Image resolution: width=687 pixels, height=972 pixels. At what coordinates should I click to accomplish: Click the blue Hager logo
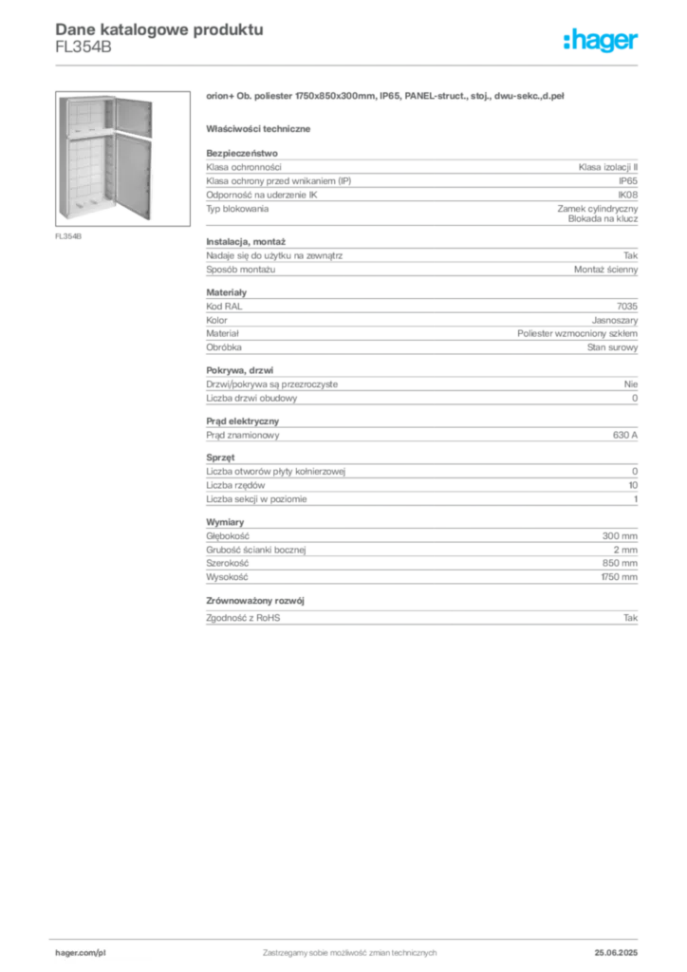click(x=602, y=41)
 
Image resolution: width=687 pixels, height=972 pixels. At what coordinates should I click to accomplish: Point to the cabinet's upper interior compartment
click(x=86, y=114)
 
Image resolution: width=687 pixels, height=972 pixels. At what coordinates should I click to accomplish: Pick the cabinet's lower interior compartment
click(x=86, y=176)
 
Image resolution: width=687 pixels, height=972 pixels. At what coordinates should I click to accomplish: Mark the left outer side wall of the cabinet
click(x=62, y=157)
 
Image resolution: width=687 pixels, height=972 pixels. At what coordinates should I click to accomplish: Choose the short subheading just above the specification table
click(x=261, y=128)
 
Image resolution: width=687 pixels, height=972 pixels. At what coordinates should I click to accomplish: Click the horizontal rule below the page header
click(x=349, y=65)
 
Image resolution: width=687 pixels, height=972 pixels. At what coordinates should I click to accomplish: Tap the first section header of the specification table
click(x=242, y=149)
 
